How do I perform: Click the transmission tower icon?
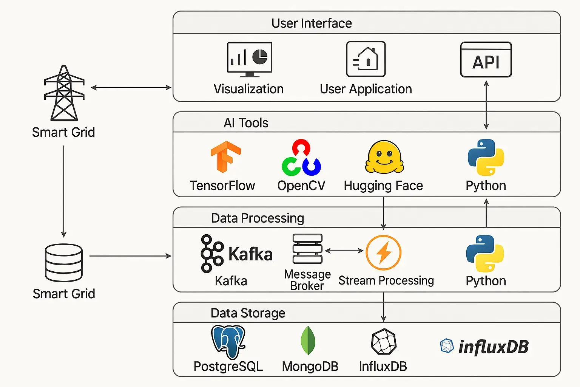64,93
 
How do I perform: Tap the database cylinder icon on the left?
63,263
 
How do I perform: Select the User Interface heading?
312,23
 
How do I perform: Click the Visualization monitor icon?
250,59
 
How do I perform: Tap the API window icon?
486,60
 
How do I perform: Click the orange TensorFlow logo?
225,156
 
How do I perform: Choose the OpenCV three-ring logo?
301,158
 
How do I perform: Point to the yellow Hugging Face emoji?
384,157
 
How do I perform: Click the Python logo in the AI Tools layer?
486,157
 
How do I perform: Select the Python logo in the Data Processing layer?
485,253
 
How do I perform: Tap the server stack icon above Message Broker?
307,249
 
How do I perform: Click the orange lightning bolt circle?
384,252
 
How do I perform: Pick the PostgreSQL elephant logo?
228,342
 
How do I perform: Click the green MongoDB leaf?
308,340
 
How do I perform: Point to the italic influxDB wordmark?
493,347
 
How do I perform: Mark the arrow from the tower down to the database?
64,191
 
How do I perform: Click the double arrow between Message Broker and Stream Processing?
344,251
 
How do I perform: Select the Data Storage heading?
248,313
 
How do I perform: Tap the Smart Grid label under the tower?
63,132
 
